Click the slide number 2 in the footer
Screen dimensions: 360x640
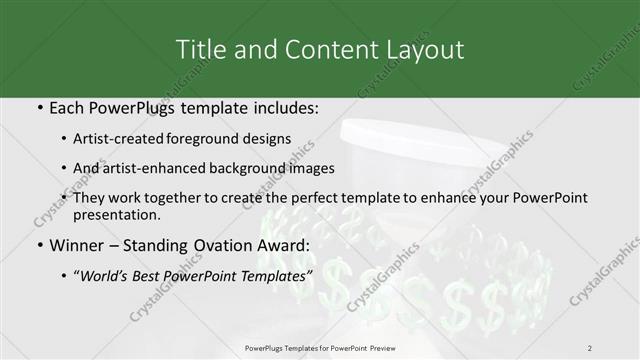click(590, 347)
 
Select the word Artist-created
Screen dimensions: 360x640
click(130, 140)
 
